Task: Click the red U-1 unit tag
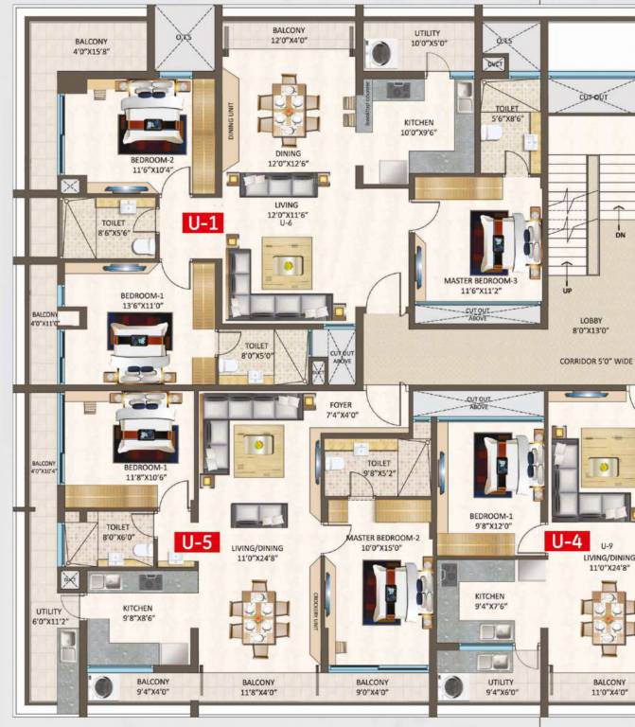(x=204, y=223)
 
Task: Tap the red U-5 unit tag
(x=200, y=542)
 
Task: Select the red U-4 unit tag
(x=566, y=541)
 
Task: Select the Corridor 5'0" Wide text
(x=594, y=362)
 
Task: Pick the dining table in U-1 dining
(x=288, y=106)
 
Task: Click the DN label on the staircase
(x=621, y=232)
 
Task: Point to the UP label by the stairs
(x=568, y=291)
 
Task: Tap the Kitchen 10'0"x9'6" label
(x=418, y=128)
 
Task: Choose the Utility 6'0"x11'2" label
(x=48, y=617)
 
